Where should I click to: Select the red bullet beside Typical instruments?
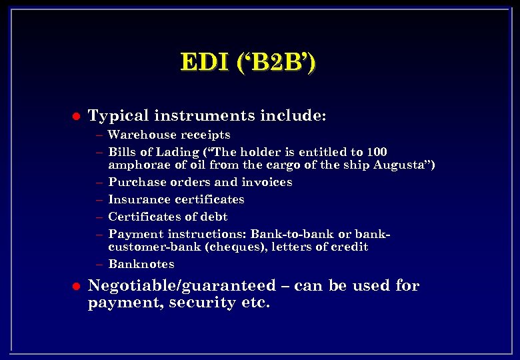click(75, 117)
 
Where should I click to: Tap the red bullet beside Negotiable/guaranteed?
click(75, 287)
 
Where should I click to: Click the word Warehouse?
click(139, 135)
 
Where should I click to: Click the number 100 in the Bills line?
click(377, 152)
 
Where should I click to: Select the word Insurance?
click(137, 199)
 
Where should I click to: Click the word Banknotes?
click(141, 264)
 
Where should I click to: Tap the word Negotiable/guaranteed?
click(181, 286)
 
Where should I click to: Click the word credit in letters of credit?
click(351, 247)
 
